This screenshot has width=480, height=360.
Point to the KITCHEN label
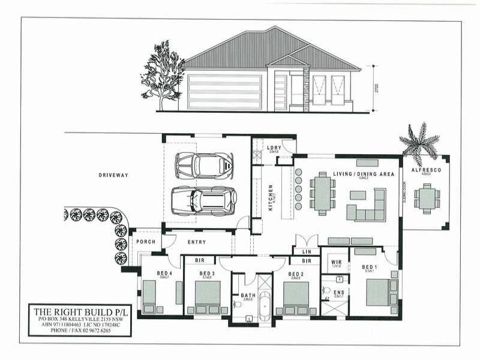(x=271, y=197)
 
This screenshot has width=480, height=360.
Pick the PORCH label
(x=146, y=242)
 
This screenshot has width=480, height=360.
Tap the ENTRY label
(x=197, y=242)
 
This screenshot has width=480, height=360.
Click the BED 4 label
(x=164, y=273)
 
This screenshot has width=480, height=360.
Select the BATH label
(x=248, y=295)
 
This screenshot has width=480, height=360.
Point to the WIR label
(x=337, y=262)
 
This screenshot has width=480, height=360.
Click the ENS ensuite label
(x=339, y=292)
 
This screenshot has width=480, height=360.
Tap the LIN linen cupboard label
(x=306, y=252)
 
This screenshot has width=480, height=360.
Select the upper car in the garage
(x=204, y=165)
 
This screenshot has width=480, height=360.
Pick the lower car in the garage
(x=204, y=201)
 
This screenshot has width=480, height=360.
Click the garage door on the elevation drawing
(x=224, y=92)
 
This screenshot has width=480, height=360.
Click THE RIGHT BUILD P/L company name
(x=79, y=311)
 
